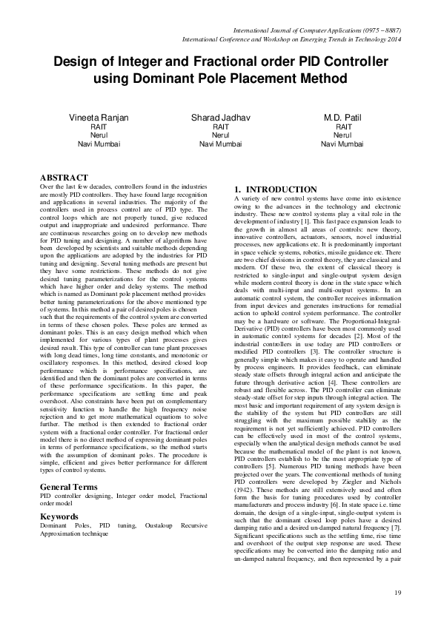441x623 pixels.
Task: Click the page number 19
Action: click(397, 593)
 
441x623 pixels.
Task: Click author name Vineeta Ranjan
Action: click(99, 119)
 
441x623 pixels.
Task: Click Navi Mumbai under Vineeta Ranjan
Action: click(99, 144)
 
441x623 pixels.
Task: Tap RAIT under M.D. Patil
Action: click(342, 127)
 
